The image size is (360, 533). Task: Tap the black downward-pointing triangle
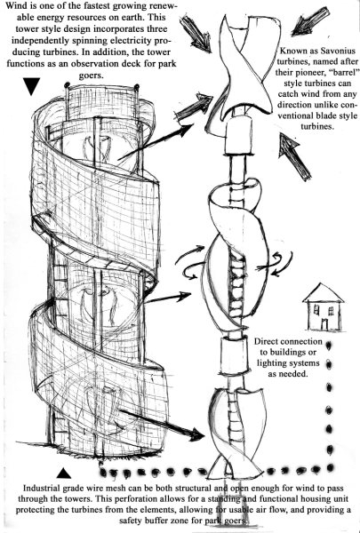32,85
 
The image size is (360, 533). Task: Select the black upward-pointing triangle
64,473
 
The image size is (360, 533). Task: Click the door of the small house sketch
324,324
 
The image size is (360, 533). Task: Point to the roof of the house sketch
323,293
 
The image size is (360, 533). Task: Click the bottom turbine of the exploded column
235,432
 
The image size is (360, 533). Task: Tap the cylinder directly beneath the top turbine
238,135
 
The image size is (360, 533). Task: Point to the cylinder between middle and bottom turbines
233,355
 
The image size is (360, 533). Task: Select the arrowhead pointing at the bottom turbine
197,434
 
